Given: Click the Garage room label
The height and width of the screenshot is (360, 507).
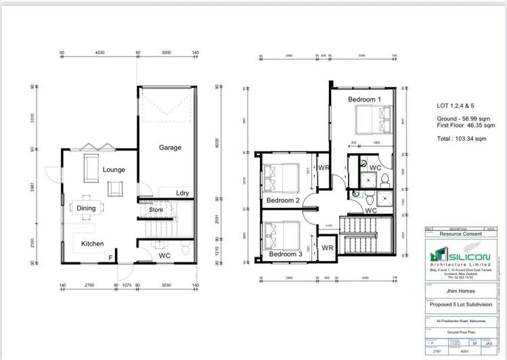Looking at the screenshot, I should pyautogui.click(x=171, y=147).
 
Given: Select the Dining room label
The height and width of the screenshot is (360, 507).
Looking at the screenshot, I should pyautogui.click(x=86, y=208).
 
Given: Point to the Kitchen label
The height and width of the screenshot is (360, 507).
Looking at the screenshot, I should pyautogui.click(x=93, y=243).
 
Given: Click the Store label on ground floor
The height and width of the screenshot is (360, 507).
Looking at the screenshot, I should pyautogui.click(x=157, y=210).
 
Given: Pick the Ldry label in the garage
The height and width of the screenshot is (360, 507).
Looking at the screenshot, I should pyautogui.click(x=182, y=193).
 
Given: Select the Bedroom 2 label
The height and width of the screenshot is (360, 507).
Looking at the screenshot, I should pyautogui.click(x=283, y=201).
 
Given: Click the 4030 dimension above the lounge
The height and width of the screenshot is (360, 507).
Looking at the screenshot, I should pyautogui.click(x=100, y=51).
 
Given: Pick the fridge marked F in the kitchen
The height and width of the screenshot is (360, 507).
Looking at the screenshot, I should pyautogui.click(x=109, y=258).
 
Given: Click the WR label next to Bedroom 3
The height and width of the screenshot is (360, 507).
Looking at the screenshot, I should pyautogui.click(x=328, y=249).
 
